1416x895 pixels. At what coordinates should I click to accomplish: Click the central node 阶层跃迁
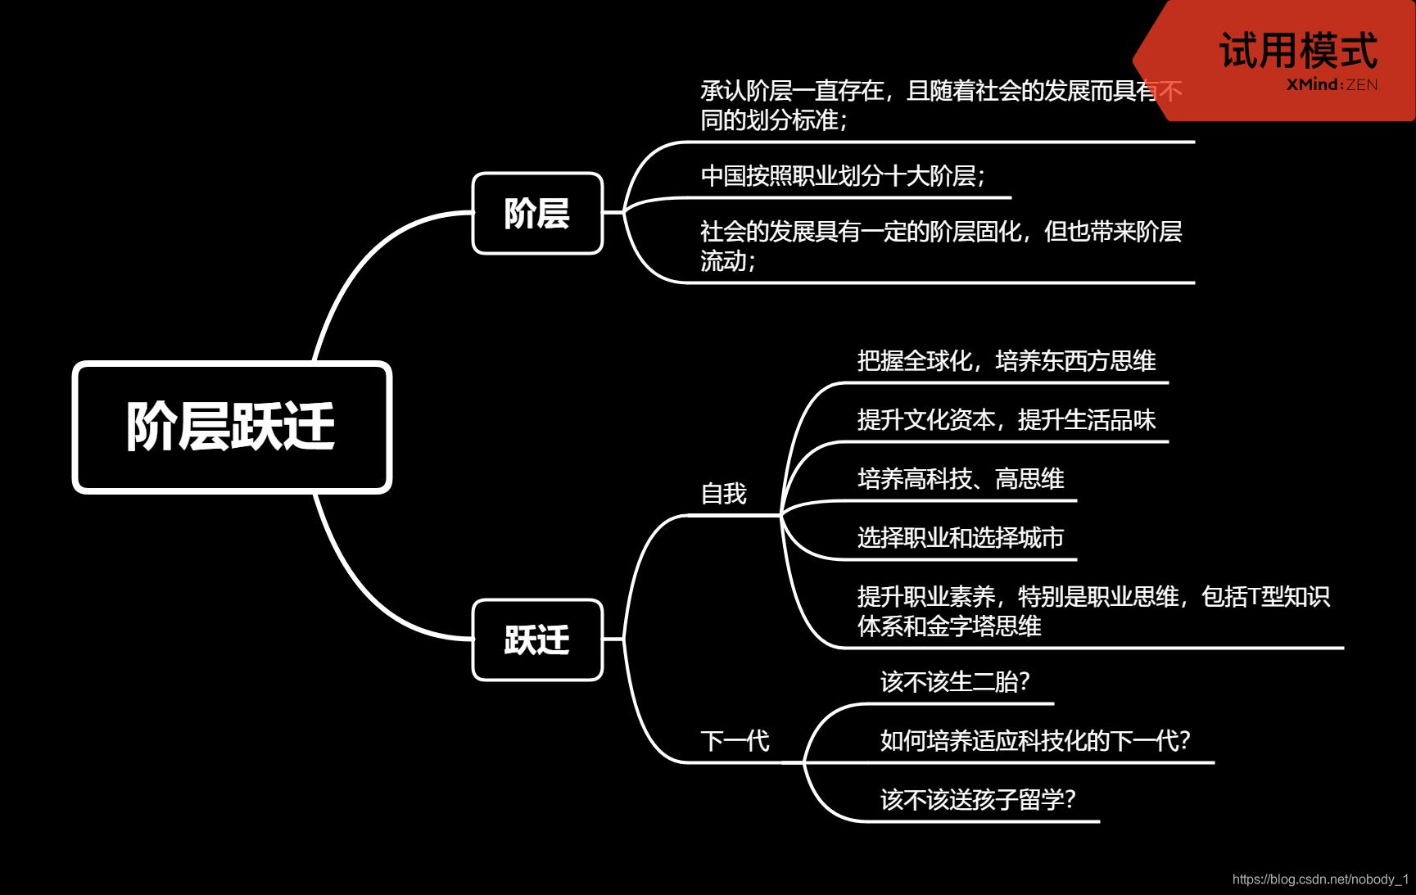(x=232, y=427)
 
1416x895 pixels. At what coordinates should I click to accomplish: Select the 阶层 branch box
(x=537, y=214)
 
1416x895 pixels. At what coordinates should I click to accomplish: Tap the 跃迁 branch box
(x=537, y=640)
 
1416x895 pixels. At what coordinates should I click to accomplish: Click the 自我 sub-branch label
(x=724, y=494)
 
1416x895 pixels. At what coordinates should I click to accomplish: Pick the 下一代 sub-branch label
(x=735, y=741)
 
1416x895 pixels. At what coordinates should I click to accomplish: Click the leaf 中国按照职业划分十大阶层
(x=842, y=175)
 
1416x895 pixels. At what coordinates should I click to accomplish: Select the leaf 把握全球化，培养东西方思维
(x=1007, y=361)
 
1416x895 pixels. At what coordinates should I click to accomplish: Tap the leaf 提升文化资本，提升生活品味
(x=1007, y=420)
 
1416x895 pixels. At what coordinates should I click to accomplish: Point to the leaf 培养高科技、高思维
(x=961, y=479)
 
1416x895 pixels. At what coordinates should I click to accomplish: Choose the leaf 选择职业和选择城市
(x=961, y=538)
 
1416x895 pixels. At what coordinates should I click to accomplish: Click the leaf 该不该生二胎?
(x=955, y=682)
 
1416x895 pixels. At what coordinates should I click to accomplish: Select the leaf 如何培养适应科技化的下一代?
(x=1035, y=741)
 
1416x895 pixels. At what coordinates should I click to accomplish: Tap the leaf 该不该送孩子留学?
(x=978, y=800)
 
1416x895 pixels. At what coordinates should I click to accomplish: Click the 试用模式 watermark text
(x=1298, y=51)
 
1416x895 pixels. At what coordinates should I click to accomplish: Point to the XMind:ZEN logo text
(x=1332, y=85)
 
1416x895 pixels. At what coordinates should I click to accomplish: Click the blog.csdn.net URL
(x=1320, y=879)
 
